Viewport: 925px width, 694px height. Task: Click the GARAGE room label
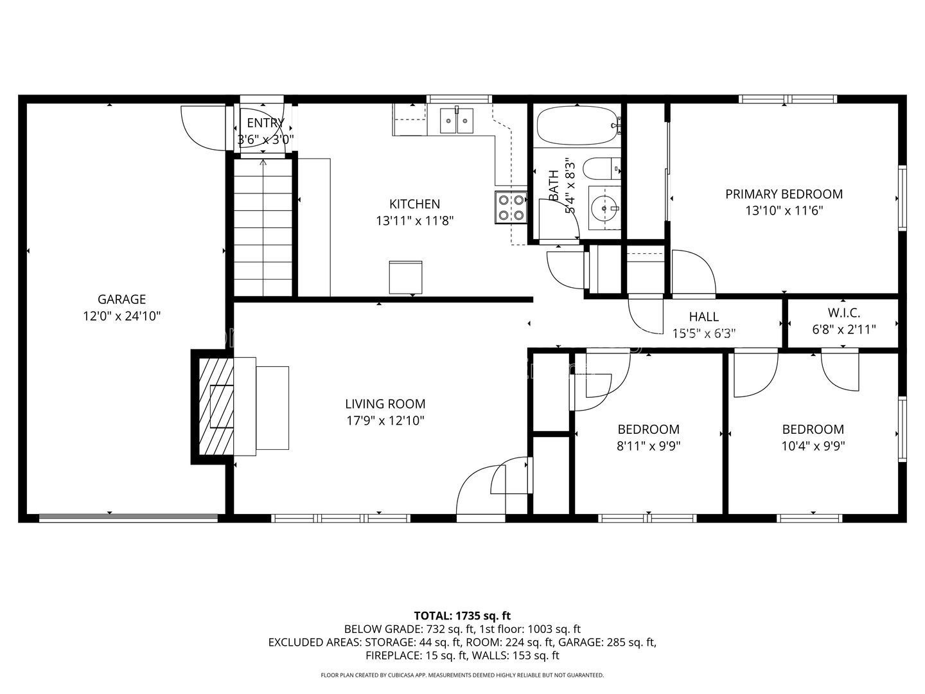coord(122,299)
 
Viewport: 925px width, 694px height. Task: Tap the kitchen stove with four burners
coord(511,208)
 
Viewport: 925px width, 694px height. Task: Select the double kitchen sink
coord(457,121)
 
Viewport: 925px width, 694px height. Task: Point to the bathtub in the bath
coord(578,125)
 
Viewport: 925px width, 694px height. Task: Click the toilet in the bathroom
coord(602,168)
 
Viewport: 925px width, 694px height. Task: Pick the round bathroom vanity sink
coord(604,208)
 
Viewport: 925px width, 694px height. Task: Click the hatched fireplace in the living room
coord(216,407)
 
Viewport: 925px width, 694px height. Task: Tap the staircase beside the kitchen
coord(263,227)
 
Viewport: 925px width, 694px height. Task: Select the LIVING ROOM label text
coord(385,404)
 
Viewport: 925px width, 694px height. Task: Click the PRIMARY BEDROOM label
coord(784,194)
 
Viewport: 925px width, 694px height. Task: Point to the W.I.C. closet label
coord(843,313)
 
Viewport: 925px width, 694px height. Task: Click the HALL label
coord(704,316)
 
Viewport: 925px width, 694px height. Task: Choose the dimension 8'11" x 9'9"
coord(649,446)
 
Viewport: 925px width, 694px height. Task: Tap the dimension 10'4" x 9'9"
coord(813,446)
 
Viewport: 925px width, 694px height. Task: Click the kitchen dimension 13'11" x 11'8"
coord(415,221)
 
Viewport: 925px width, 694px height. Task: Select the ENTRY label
coord(265,123)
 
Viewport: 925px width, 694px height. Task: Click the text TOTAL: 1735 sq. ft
coord(463,616)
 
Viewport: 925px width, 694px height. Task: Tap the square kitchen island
coord(405,277)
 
